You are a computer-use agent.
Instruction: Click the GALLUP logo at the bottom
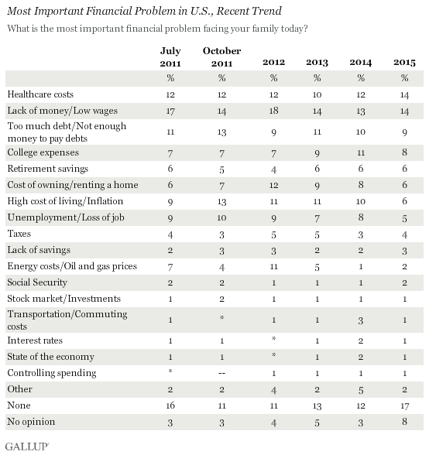tap(27, 446)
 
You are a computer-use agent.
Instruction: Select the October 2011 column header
tap(221, 57)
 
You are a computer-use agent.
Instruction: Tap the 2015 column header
tap(404, 63)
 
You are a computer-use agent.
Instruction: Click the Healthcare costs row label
tap(40, 94)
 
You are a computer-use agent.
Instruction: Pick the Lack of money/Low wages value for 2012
tap(273, 111)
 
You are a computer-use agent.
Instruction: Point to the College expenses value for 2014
tap(360, 152)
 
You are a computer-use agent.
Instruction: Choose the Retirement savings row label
tap(48, 169)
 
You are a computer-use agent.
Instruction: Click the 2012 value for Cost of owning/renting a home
tap(273, 185)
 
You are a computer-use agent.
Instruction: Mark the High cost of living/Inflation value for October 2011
tap(221, 201)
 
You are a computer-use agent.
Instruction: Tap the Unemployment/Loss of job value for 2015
tap(404, 218)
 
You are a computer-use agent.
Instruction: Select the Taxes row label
tap(19, 234)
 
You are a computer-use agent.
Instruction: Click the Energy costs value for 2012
tap(273, 266)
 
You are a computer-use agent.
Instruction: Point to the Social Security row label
tap(37, 282)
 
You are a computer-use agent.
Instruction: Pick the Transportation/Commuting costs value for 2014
tap(360, 320)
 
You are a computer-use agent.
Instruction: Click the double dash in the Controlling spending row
tap(221, 373)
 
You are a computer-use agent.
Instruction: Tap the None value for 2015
tap(404, 405)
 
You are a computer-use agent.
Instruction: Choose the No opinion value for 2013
tap(317, 422)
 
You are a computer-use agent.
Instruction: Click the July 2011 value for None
tap(170, 405)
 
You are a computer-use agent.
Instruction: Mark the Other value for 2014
tap(360, 390)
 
